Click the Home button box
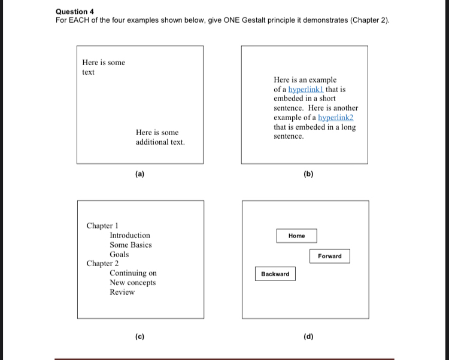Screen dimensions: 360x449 296,236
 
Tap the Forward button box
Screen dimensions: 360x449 330,256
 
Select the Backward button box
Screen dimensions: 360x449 275,274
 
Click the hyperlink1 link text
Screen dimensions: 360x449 306,89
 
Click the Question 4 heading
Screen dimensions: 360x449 75,11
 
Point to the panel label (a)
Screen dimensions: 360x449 139,175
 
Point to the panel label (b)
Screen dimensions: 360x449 308,175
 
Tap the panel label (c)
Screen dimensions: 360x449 139,337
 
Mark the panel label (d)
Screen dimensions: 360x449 308,337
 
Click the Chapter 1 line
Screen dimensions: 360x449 102,225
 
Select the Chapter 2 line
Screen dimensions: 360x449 102,264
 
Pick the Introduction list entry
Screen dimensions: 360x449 130,235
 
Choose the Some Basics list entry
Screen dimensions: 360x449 131,245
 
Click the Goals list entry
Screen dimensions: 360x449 119,254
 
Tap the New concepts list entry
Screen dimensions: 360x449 132,282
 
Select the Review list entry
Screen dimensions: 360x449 122,292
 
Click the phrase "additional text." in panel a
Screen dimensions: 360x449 160,142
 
